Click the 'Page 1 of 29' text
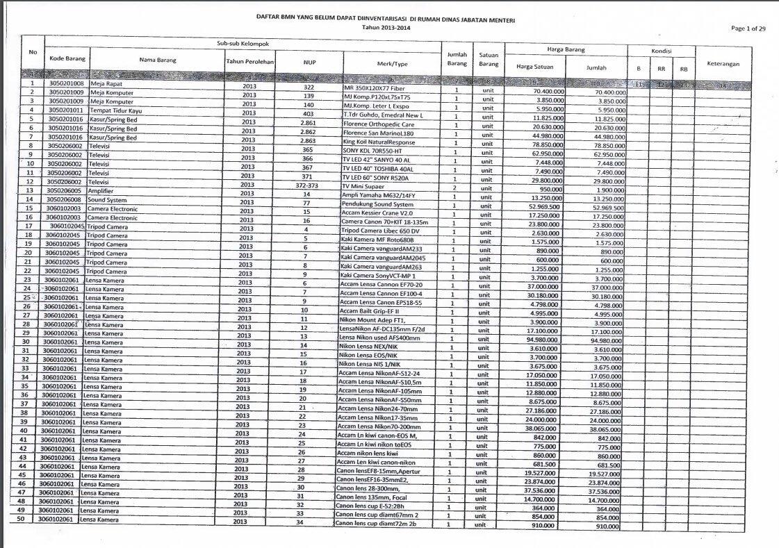tap(749, 28)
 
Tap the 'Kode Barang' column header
tap(67, 59)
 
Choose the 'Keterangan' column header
tap(723, 64)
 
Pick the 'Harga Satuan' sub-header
tap(534, 67)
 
